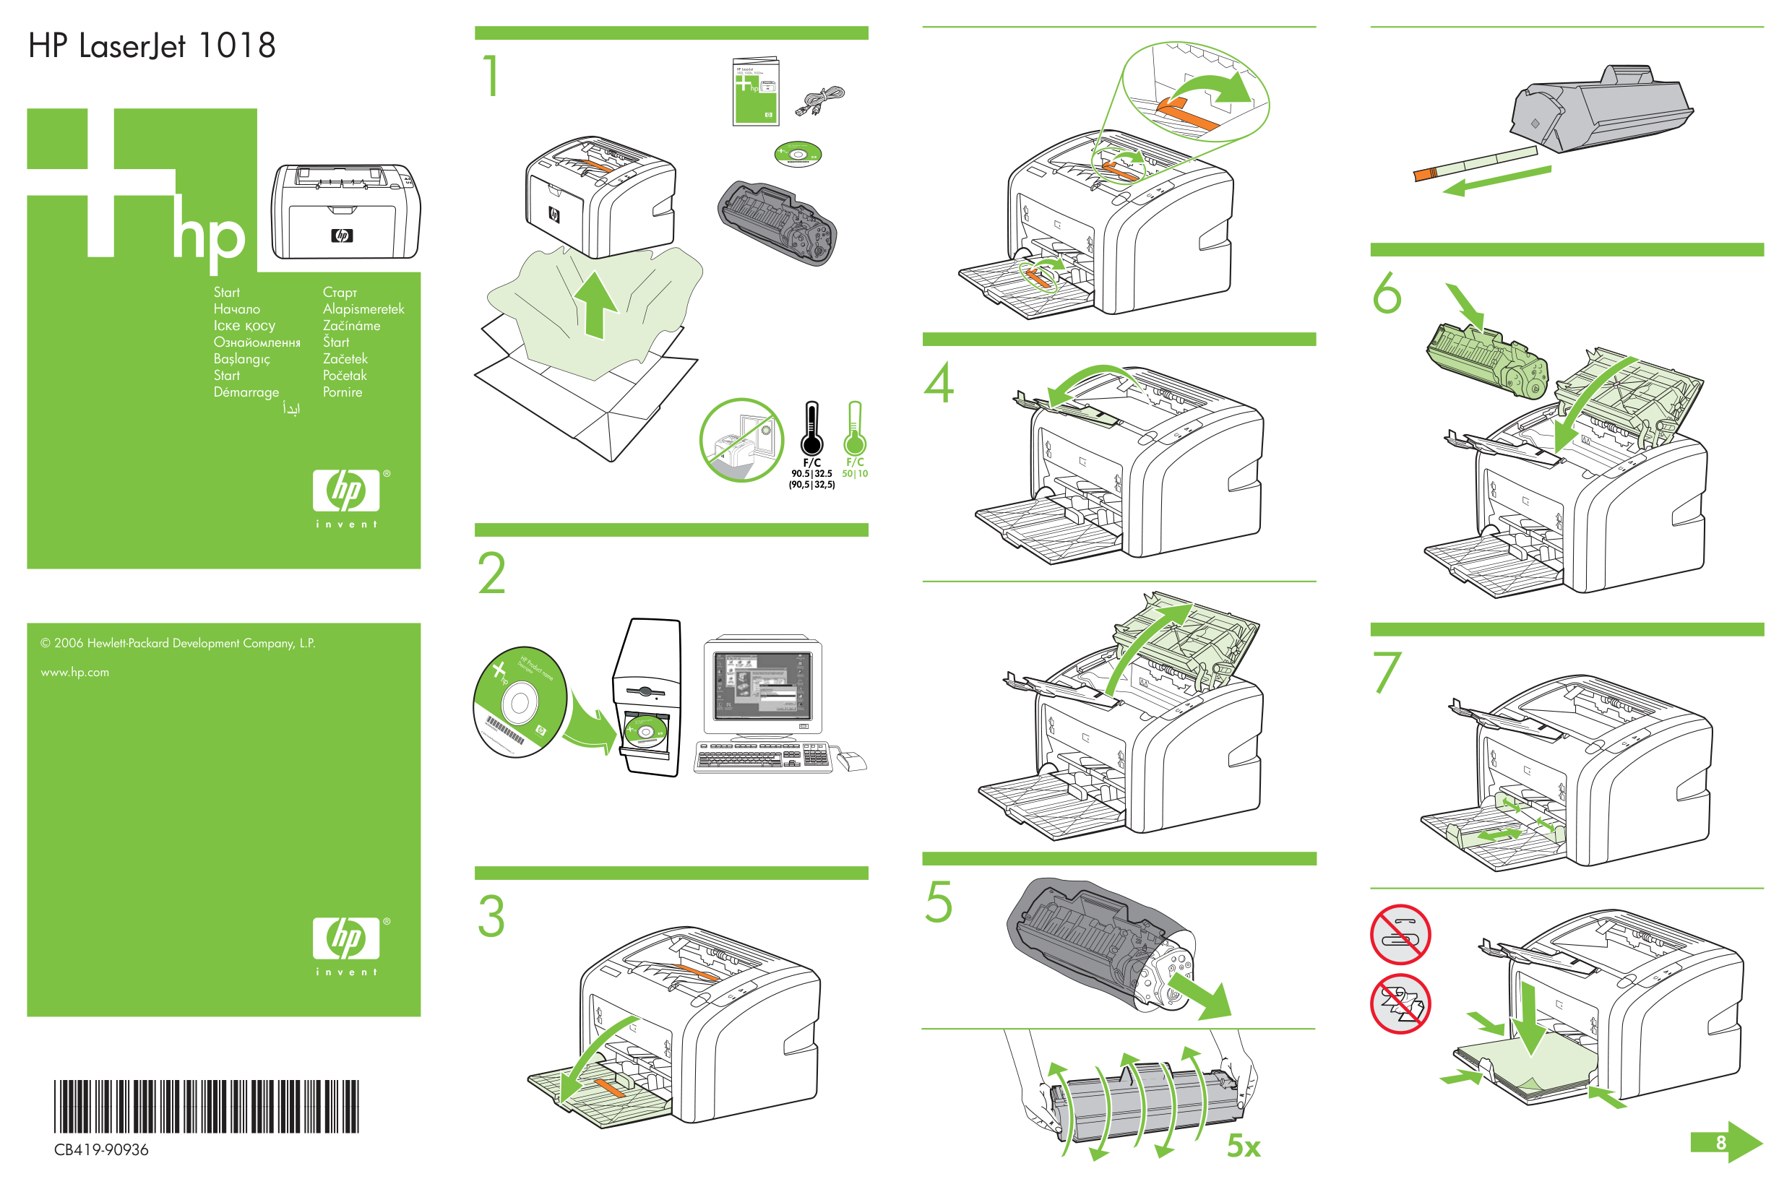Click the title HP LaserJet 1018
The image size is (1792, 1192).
(151, 46)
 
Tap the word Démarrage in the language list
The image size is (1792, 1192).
(246, 392)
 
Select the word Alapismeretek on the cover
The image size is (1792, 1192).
(363, 308)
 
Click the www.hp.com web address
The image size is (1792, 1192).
(74, 672)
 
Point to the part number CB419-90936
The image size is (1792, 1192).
(101, 1149)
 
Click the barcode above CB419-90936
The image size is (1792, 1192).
(206, 1106)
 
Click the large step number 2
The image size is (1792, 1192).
(492, 573)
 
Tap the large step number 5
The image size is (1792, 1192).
(938, 902)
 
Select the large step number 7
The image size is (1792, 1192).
(1386, 672)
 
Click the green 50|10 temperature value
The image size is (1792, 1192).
(855, 474)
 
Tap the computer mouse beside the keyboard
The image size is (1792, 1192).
(851, 759)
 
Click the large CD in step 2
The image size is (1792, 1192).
(520, 701)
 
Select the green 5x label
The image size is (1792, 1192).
(1243, 1146)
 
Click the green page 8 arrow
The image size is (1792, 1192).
(1726, 1142)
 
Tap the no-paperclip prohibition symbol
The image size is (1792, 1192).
(1400, 933)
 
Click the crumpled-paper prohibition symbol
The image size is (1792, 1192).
(1400, 1003)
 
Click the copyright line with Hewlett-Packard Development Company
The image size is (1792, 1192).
(178, 643)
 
